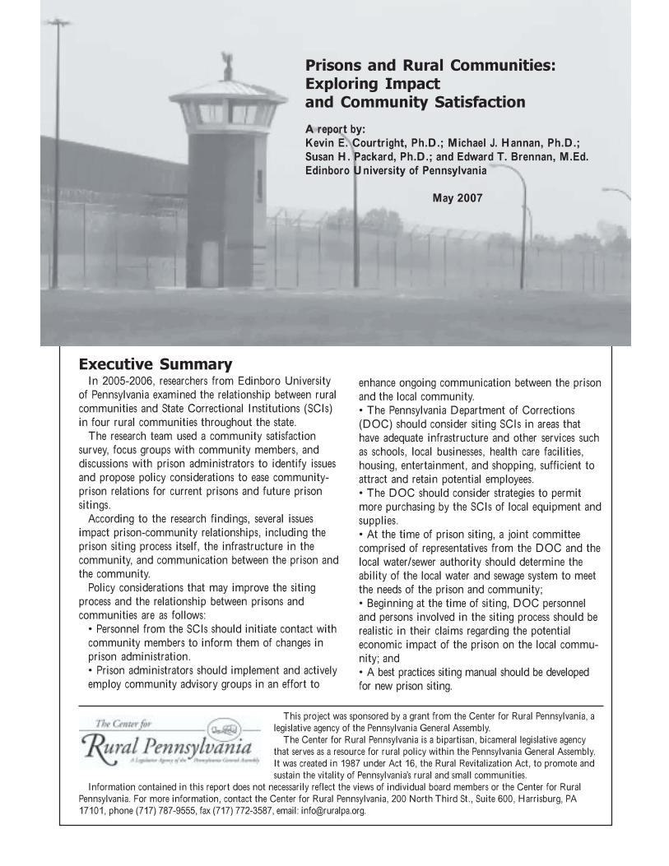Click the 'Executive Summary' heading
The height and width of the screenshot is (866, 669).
point(155,364)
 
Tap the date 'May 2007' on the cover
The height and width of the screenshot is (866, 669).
point(457,198)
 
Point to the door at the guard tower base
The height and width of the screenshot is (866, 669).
point(210,262)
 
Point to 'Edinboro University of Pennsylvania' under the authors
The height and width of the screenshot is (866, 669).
point(396,171)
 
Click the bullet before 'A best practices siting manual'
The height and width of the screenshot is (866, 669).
point(362,673)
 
